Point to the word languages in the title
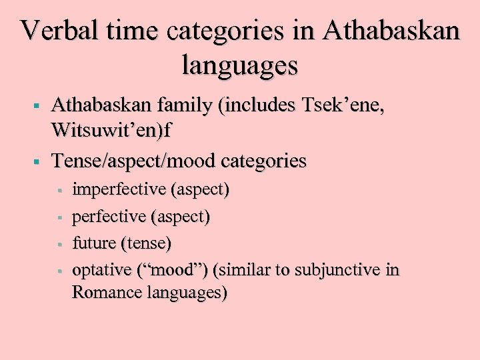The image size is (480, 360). pyautogui.click(x=240, y=65)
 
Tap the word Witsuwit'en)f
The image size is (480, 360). pyautogui.click(x=111, y=131)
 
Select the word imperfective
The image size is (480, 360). pyautogui.click(x=119, y=190)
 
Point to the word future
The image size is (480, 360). pyautogui.click(x=93, y=243)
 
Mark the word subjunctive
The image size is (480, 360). pyautogui.click(x=330, y=270)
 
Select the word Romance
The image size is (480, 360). pyautogui.click(x=103, y=292)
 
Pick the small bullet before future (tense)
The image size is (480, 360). pyautogui.click(x=59, y=244)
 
